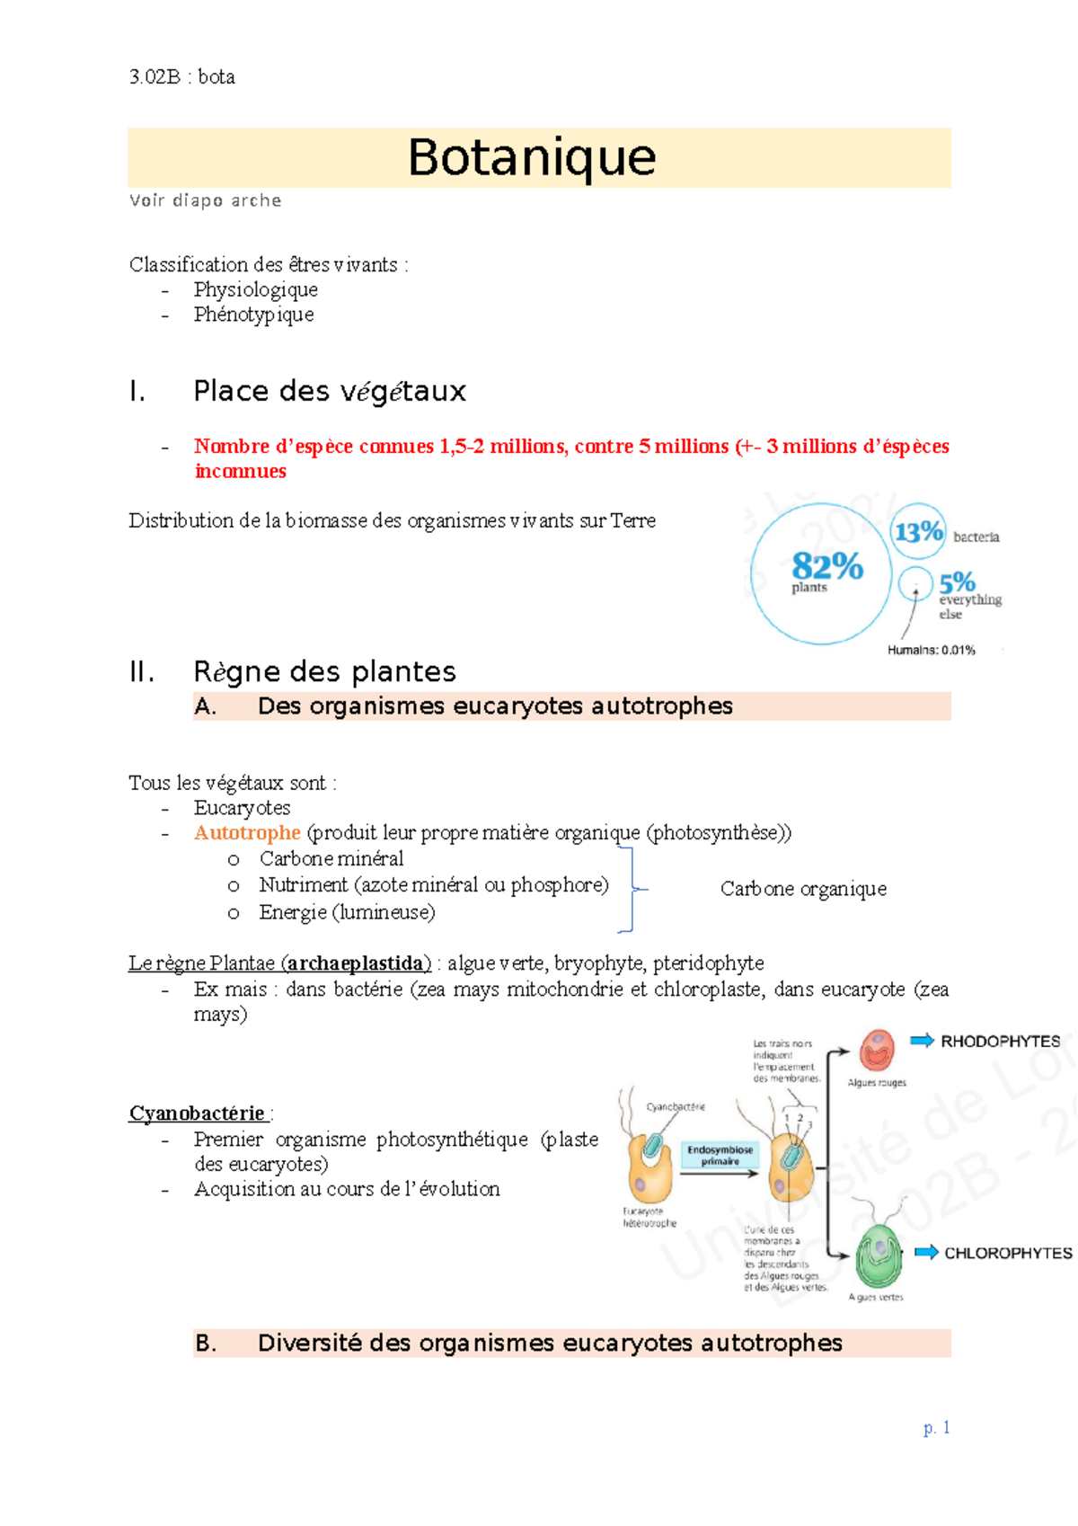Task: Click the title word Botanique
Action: point(532,157)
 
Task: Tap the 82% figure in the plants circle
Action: point(826,566)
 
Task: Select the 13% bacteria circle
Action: point(917,531)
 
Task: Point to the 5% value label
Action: point(957,581)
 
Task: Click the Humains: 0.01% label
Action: point(931,650)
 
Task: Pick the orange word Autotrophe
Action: point(247,833)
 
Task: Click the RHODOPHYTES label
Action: point(1000,1042)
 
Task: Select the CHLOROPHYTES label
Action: point(1007,1253)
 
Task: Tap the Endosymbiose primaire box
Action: point(720,1155)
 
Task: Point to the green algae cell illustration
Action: point(878,1255)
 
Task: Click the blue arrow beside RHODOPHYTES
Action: point(922,1041)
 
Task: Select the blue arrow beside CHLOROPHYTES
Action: point(926,1252)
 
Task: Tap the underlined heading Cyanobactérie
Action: point(197,1113)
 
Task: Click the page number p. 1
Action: point(936,1427)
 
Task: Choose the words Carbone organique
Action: point(803,889)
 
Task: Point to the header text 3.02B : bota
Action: point(182,77)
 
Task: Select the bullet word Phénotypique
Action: point(253,315)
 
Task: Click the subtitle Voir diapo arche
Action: point(205,200)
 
